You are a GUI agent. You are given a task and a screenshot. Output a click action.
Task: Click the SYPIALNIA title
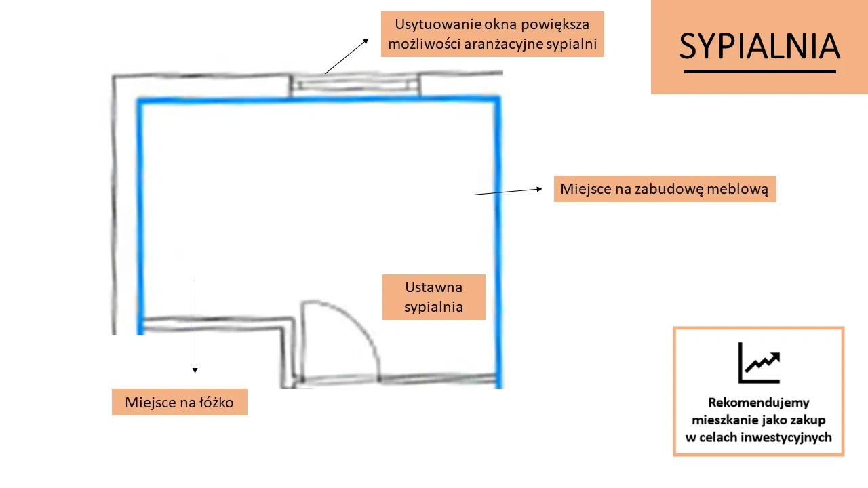pos(759,46)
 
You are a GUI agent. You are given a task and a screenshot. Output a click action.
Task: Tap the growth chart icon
pos(759,363)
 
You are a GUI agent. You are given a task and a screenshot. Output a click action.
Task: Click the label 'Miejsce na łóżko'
pos(180,403)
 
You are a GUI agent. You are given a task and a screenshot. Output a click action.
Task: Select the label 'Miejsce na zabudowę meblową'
pos(665,188)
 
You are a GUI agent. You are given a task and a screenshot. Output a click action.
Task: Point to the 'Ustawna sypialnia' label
pos(433,297)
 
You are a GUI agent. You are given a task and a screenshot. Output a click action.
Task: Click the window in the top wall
pos(354,85)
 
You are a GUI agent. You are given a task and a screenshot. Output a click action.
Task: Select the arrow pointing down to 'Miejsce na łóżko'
pos(195,327)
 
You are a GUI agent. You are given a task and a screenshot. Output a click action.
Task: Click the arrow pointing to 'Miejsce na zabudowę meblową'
pos(509,191)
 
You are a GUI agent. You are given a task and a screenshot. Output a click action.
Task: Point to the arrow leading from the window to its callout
pos(347,56)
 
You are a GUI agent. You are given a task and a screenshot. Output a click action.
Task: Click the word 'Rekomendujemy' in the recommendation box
pos(758,403)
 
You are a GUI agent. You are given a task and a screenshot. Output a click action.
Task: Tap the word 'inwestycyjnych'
pos(786,437)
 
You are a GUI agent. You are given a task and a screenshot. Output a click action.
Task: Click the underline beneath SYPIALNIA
pos(760,72)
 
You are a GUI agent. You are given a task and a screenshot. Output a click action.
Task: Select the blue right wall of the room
pos(498,242)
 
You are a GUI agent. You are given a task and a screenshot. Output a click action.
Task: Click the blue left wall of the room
pos(140,217)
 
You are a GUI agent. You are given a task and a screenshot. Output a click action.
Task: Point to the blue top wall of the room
pos(319,100)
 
